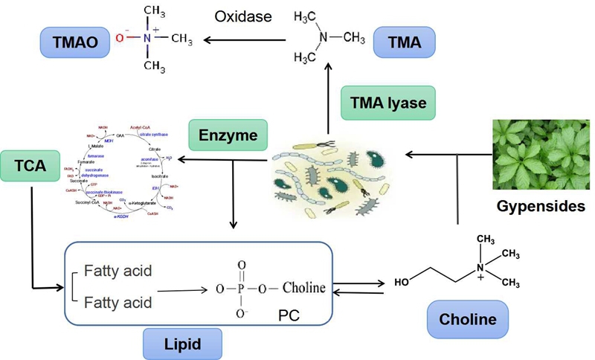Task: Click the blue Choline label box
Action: click(467, 321)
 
